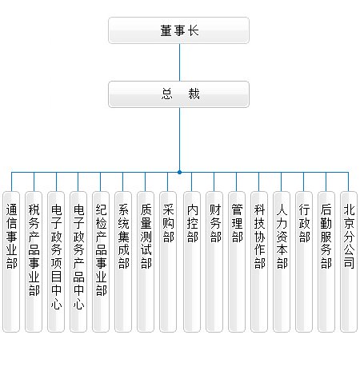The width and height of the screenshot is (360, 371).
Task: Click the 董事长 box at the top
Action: click(x=178, y=30)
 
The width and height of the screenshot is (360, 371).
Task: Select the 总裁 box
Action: click(x=178, y=94)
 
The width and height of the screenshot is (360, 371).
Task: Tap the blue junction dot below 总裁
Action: click(x=179, y=173)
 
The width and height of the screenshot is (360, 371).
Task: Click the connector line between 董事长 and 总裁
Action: click(x=179, y=62)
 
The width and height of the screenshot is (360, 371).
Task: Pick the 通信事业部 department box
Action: click(x=11, y=261)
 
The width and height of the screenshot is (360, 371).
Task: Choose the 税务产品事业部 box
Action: click(x=34, y=261)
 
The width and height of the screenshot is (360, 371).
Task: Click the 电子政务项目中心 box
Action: click(x=56, y=261)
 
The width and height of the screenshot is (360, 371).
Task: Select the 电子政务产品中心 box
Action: click(x=78, y=261)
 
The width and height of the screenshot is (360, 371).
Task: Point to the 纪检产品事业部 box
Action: click(x=101, y=261)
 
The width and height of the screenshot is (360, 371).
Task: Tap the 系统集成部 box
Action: click(x=123, y=261)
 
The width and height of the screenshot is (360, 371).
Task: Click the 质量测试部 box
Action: click(x=146, y=261)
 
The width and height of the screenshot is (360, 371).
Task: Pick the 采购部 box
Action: click(x=168, y=261)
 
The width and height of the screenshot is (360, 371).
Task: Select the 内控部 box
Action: click(x=192, y=261)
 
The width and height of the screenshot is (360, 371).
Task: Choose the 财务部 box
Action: click(x=214, y=261)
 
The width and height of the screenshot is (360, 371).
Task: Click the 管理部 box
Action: click(x=237, y=261)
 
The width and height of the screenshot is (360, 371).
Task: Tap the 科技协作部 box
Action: click(x=259, y=261)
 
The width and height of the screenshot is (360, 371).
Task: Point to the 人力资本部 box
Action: click(x=282, y=261)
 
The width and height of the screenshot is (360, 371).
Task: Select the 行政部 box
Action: click(x=304, y=261)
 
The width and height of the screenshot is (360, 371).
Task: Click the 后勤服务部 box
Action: click(x=326, y=261)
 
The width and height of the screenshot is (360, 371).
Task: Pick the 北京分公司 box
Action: click(x=349, y=261)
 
